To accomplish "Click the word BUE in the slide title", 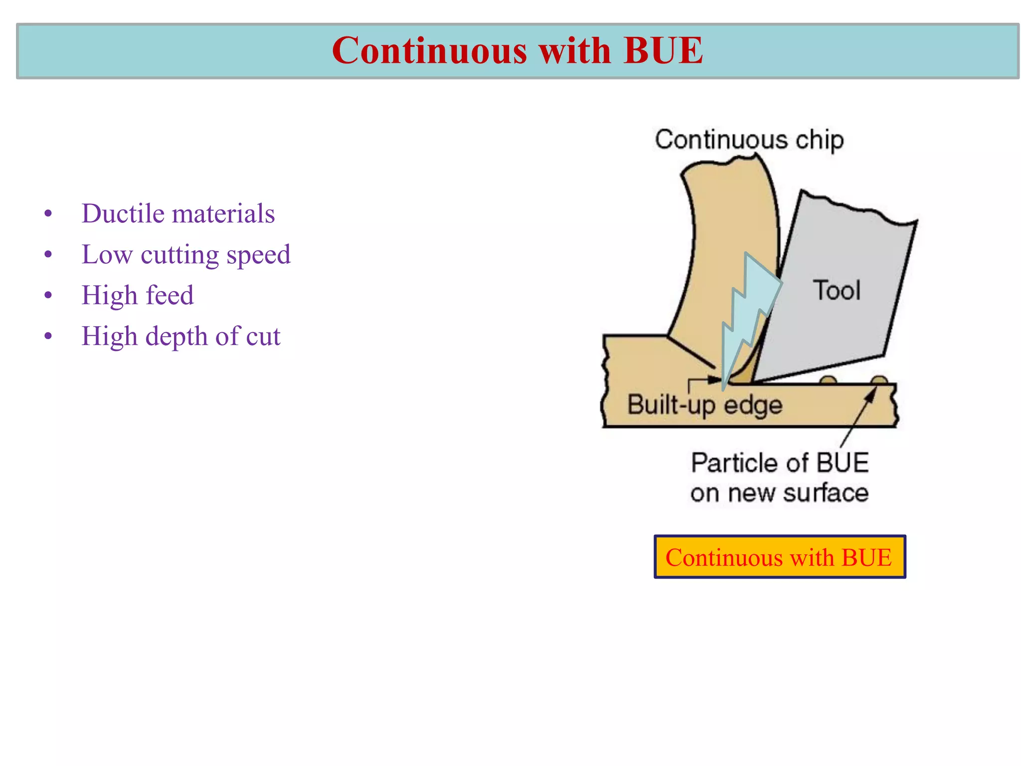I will coord(663,51).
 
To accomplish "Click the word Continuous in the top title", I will coord(429,51).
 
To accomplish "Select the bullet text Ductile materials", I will coord(178,214).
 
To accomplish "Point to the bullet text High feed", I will coord(138,295).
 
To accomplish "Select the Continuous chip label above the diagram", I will coord(749,140).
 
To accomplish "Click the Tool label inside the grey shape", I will coord(837,291).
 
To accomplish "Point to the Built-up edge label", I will coord(704,405).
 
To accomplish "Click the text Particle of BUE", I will coord(780,463).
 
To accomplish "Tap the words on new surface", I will coord(779,493).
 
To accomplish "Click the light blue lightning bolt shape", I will coord(748,314).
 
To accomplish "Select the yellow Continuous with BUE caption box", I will coord(779,557).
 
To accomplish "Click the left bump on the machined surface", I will coord(828,381).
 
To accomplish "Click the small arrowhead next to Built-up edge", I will coord(715,380).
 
